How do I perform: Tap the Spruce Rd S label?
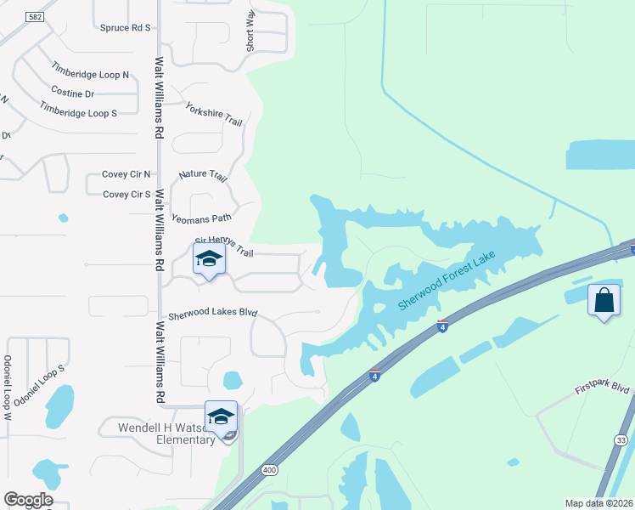point(125,28)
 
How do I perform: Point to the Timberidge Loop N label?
point(90,74)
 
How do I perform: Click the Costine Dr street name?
point(72,92)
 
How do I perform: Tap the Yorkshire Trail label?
point(214,115)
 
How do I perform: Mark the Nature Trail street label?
point(203,176)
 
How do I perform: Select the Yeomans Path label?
point(201,218)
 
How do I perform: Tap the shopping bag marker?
point(604,301)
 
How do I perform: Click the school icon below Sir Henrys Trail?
point(209,259)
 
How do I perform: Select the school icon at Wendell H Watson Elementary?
point(221,417)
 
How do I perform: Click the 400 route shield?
point(270,469)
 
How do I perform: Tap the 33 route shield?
point(622,439)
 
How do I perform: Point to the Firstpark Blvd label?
point(602,388)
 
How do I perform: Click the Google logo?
point(28,500)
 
